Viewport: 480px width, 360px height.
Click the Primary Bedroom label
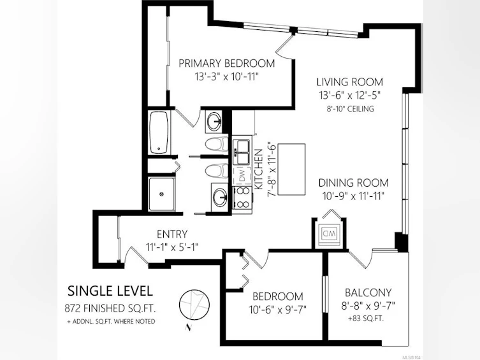(x=227, y=63)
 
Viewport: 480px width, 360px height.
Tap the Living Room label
(x=349, y=82)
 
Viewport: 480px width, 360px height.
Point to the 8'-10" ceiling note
(x=349, y=108)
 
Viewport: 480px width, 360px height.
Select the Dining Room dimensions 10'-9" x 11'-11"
(x=353, y=196)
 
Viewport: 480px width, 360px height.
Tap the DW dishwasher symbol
(x=242, y=176)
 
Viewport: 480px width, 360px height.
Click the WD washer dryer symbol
(x=329, y=234)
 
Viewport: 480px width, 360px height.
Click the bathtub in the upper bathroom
(x=159, y=133)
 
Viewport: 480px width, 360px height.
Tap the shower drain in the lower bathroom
(x=162, y=194)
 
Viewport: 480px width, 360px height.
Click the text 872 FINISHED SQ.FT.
(x=110, y=308)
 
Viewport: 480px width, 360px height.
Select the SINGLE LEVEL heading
(x=110, y=291)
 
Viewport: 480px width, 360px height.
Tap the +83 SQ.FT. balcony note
(x=365, y=319)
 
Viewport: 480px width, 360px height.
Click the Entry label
(x=172, y=234)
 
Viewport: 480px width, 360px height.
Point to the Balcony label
(x=368, y=292)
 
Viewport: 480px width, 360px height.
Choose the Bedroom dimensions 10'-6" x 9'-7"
(x=278, y=310)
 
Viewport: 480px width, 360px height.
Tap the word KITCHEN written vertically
(x=259, y=169)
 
